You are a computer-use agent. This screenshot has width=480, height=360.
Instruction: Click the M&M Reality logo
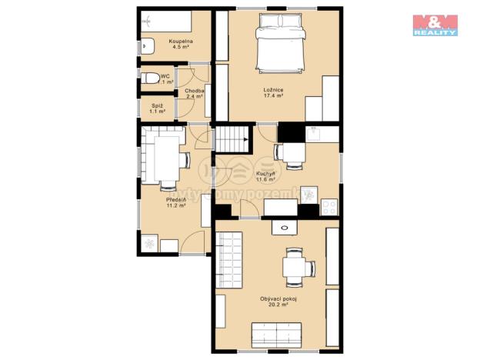[435, 25]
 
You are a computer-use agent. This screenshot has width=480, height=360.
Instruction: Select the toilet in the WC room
[150, 78]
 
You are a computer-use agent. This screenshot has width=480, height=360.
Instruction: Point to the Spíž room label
[157, 108]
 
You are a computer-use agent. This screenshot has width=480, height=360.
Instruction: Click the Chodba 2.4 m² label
[194, 94]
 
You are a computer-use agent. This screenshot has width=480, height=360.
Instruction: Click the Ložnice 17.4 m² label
[274, 93]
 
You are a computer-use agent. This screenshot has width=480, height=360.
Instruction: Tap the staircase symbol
[231, 140]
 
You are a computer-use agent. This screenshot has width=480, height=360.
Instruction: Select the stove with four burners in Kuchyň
[329, 206]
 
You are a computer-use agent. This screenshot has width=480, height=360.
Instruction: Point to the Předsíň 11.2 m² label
[175, 203]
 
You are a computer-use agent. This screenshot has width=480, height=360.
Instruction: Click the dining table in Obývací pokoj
[295, 267]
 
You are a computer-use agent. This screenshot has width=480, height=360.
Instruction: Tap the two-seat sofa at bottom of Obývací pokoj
[278, 335]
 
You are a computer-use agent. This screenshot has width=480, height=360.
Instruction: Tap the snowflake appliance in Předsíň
[148, 243]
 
